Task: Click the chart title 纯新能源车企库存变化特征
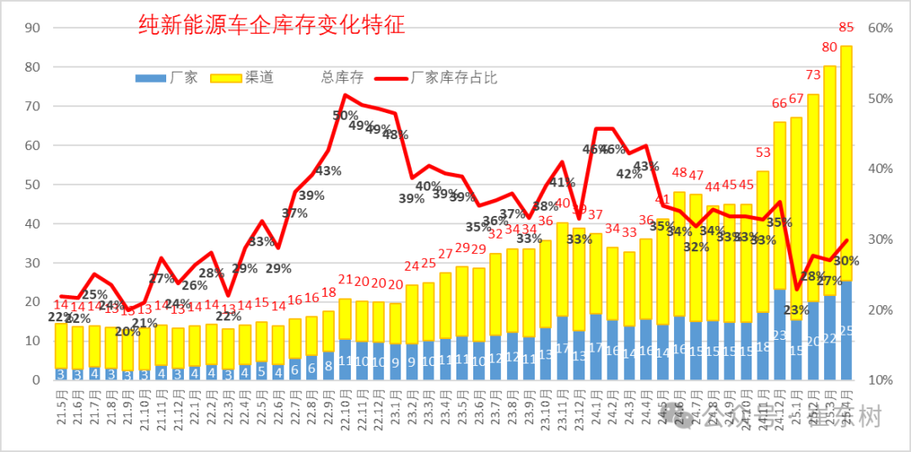pos(272,25)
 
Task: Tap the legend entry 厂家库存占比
pos(455,78)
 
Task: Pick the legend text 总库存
pos(342,78)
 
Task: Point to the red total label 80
pos(829,47)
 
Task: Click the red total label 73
pos(813,76)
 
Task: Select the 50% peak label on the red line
pos(345,116)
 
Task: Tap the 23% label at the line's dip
pos(795,309)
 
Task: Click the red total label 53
pos(763,153)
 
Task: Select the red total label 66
pos(779,104)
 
